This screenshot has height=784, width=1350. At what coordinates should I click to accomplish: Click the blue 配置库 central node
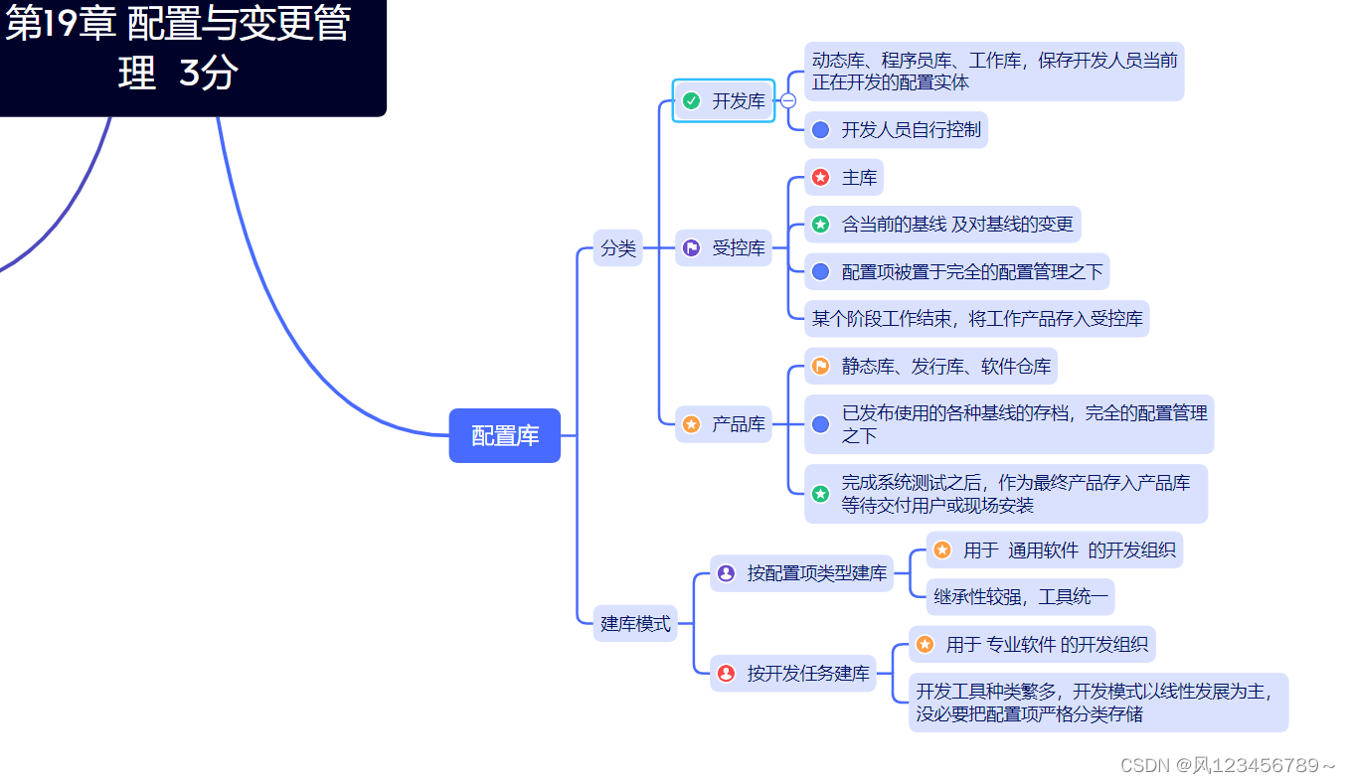[505, 435]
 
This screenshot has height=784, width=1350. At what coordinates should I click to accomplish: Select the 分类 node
[618, 248]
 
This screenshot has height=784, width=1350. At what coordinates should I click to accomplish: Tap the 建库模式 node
[636, 624]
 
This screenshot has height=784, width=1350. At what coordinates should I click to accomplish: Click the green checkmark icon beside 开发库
[692, 100]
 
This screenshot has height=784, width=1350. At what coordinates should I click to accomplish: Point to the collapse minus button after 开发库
[788, 100]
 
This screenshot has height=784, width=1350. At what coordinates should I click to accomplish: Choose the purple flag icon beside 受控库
[692, 248]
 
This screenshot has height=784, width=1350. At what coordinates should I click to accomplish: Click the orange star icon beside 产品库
[692, 424]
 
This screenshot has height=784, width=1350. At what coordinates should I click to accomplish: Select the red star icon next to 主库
[820, 178]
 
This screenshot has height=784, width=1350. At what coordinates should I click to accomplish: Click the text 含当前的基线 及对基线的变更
[957, 225]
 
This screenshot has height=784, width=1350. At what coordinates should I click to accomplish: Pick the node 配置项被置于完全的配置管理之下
[971, 271]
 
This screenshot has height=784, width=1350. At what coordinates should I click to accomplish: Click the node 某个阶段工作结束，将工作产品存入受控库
[976, 319]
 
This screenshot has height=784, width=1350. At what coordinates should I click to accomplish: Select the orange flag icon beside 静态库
[820, 367]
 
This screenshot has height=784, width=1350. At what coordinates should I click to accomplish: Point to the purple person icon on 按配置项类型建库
[726, 573]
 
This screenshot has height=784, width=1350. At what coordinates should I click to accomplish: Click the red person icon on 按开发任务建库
[726, 673]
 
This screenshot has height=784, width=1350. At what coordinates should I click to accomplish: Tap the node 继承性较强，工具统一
[1020, 597]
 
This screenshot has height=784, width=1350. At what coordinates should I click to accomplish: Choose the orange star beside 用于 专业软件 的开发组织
[925, 645]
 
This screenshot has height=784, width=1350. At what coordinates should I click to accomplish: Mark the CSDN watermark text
[1228, 764]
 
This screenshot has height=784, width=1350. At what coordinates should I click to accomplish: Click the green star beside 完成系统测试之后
[820, 494]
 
